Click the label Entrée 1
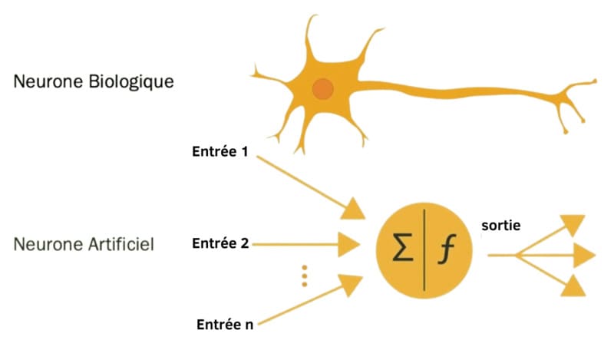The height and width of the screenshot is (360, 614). [x=220, y=151]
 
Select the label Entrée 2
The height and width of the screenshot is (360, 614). [x=220, y=244]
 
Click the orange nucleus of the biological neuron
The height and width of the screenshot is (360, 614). [x=323, y=89]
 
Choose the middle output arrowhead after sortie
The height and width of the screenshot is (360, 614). [x=583, y=255]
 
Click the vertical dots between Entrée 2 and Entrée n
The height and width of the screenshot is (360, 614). [x=304, y=276]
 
